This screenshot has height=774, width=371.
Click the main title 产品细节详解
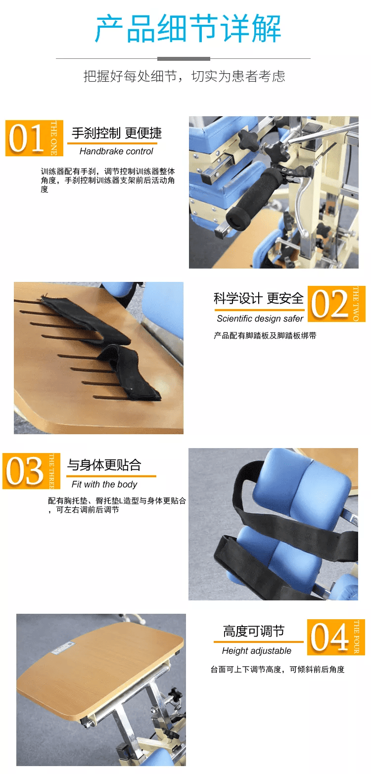pyautogui.click(x=188, y=29)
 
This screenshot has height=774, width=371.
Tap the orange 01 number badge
pyautogui.click(x=34, y=138)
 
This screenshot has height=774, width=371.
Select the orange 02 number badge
pyautogui.click(x=336, y=304)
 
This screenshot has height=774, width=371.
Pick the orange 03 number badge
pyautogui.click(x=32, y=471)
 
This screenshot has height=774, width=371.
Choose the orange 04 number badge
pyautogui.click(x=336, y=637)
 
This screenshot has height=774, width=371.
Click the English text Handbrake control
pyautogui.click(x=116, y=151)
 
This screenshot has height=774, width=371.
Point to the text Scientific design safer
pyautogui.click(x=260, y=319)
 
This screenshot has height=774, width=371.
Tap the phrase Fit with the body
pyautogui.click(x=104, y=485)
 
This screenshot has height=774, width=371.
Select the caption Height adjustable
pyautogui.click(x=257, y=651)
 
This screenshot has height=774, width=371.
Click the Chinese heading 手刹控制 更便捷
pyautogui.click(x=117, y=133)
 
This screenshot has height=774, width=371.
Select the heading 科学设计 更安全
pyautogui.click(x=259, y=299)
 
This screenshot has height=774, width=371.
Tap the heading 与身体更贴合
pyautogui.click(x=104, y=465)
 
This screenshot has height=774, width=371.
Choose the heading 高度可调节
pyautogui.click(x=253, y=631)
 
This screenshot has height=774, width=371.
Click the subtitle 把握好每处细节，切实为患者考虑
pyautogui.click(x=185, y=76)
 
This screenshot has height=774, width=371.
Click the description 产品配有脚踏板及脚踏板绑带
pyautogui.click(x=265, y=335)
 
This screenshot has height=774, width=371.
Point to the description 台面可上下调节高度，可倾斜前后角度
pyautogui.click(x=278, y=669)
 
